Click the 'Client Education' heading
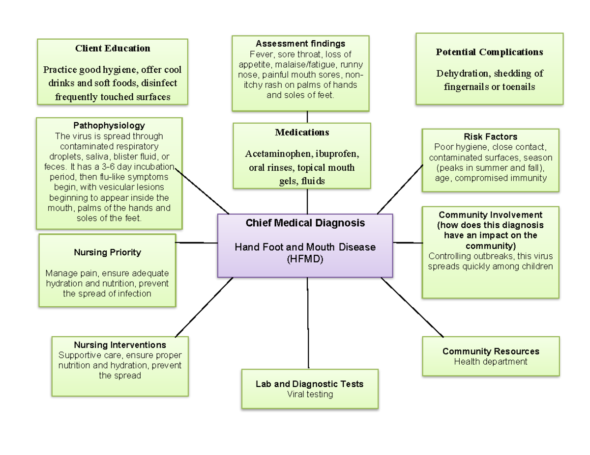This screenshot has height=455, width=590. coord(113,48)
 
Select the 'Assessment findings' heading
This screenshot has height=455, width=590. coord(307,44)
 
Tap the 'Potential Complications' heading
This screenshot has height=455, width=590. coord(489,52)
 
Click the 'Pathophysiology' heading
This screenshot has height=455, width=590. coord(109,126)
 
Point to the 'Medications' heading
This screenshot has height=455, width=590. coord(302,133)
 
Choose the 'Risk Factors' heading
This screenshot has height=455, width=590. coord(490,136)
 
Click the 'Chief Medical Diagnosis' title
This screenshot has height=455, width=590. coord(305,223)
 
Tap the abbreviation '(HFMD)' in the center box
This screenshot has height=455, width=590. coord(305,259)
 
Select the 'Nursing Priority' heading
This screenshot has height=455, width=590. coord(107,252)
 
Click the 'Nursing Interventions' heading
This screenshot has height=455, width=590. coord(120,345)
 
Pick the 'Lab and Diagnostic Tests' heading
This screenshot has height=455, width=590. coord(309,384)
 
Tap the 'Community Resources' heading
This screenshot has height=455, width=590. coord(491,351)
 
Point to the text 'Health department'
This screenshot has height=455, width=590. coord(491,362)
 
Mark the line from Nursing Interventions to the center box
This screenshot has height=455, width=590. coord(204,307)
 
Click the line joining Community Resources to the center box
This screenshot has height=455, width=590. coord(412,307)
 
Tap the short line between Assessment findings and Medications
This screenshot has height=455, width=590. coord(307,117)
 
